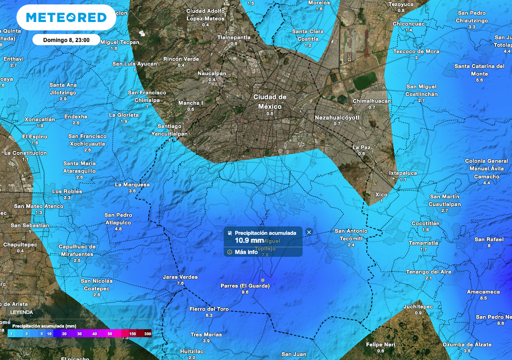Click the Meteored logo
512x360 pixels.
66,17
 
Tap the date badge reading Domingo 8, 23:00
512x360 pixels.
66,39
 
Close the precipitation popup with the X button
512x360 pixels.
309,232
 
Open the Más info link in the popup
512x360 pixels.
246,252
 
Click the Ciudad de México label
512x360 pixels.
270,101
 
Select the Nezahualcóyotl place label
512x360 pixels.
337,117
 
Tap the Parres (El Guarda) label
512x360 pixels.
245,286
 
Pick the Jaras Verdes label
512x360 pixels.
180,277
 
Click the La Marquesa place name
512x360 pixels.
132,184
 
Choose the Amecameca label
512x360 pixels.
483,291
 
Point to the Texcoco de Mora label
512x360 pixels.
416,51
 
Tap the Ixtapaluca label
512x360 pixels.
402,173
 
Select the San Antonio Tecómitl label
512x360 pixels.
351,234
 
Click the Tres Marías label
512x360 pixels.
206,334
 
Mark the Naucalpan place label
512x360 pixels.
212,73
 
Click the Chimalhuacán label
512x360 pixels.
371,101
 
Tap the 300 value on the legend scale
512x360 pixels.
147,333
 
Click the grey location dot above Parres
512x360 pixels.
262,279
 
